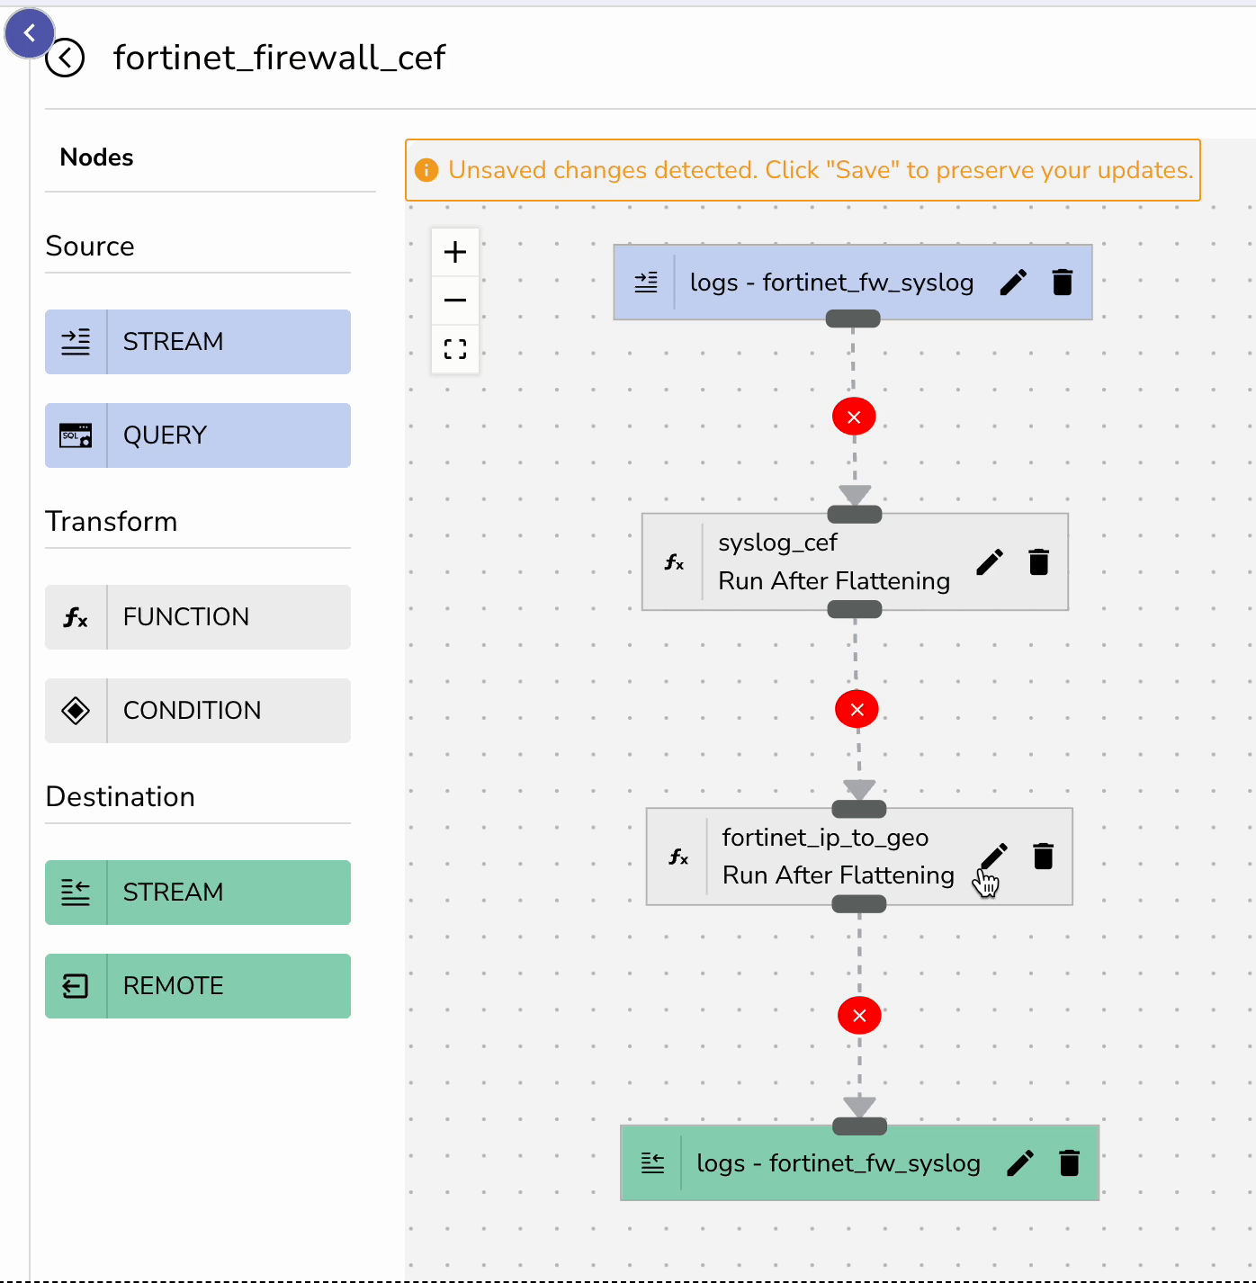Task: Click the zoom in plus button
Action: (x=455, y=252)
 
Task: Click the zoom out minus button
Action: (x=455, y=301)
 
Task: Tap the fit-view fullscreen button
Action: (x=455, y=349)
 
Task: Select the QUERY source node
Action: (x=198, y=435)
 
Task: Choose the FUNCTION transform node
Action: (x=198, y=617)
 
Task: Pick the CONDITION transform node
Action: (x=198, y=711)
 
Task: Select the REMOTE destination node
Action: (x=198, y=986)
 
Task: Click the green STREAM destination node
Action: (x=198, y=893)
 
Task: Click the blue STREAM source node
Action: (x=198, y=342)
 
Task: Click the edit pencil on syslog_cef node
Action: (x=990, y=562)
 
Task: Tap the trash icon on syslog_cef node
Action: (x=1039, y=562)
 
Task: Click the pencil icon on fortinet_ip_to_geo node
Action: (x=994, y=857)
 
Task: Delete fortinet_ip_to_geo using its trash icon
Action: (x=1044, y=857)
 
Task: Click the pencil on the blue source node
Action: (x=1013, y=283)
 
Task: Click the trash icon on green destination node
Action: (x=1069, y=1163)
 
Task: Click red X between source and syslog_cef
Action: (x=854, y=417)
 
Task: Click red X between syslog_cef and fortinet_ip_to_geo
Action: (x=857, y=710)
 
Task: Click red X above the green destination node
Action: (x=859, y=1016)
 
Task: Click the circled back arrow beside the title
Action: (x=65, y=58)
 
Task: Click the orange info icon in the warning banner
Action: (x=426, y=170)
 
